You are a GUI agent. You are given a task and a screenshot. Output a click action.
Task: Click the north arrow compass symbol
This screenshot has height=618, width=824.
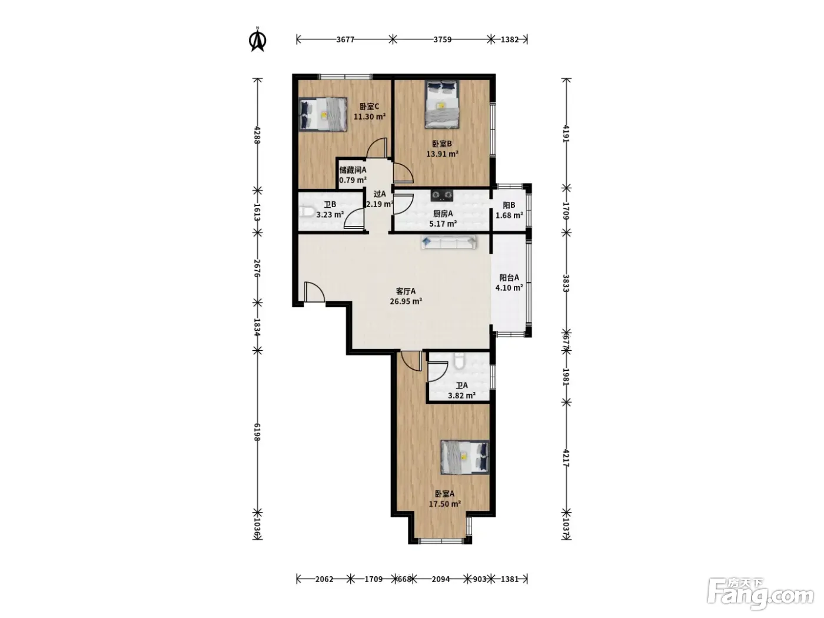tap(258, 40)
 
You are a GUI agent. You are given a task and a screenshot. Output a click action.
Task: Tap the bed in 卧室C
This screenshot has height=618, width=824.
tap(323, 114)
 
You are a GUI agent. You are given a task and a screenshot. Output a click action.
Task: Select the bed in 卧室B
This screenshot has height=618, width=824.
tap(442, 104)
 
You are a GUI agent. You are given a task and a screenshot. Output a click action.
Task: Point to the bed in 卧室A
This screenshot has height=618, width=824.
tap(465, 457)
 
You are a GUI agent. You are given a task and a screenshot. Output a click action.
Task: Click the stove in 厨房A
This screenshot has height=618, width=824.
tap(442, 194)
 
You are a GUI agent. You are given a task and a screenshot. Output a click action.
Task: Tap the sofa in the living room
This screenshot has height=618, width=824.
tap(448, 242)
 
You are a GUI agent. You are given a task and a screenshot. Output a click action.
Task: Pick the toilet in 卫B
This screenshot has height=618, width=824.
tap(307, 212)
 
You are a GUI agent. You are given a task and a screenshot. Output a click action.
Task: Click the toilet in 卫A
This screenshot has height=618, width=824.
tap(459, 361)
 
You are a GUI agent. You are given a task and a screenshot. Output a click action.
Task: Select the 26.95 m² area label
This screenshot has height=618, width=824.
tap(406, 301)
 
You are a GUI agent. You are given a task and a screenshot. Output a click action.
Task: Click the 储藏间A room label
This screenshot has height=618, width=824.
tap(353, 170)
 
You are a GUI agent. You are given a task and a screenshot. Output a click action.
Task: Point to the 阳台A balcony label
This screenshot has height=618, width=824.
tap(510, 278)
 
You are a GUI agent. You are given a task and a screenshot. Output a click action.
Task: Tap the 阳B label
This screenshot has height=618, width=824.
tap(509, 205)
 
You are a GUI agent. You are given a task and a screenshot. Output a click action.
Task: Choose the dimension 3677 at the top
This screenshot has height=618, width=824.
tap(345, 39)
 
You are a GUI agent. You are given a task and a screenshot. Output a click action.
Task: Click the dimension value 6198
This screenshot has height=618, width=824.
tap(257, 432)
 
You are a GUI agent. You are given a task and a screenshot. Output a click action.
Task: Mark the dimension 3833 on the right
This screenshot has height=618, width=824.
tap(566, 283)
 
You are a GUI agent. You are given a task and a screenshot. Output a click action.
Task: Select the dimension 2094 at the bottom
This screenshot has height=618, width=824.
tap(441, 579)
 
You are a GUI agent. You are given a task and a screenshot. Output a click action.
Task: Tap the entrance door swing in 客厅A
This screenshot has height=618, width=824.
tap(314, 292)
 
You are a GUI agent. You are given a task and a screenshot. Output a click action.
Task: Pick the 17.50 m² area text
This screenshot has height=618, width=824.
tap(445, 504)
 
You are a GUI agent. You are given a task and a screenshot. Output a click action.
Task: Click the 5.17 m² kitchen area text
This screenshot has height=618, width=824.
tap(443, 224)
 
